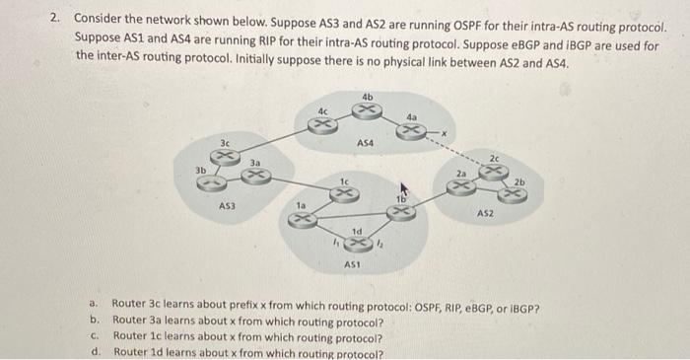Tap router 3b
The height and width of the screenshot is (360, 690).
point(218,181)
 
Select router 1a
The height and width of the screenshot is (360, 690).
point(304,219)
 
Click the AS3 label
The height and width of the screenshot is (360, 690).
point(227,206)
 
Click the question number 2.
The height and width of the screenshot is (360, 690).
point(56,18)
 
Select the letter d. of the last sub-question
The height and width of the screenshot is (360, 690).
point(95,351)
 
